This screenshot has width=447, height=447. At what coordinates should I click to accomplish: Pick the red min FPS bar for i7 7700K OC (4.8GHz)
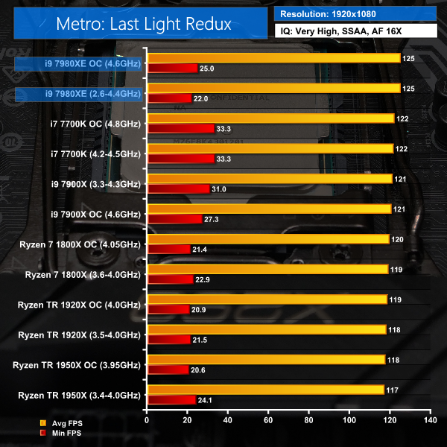[180, 128]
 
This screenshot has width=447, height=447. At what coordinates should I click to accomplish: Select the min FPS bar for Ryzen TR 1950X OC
[168, 370]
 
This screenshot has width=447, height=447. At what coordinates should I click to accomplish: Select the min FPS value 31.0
[220, 189]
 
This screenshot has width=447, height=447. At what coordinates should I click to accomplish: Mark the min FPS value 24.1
[205, 400]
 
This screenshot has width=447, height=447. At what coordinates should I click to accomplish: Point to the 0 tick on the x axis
[148, 420]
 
